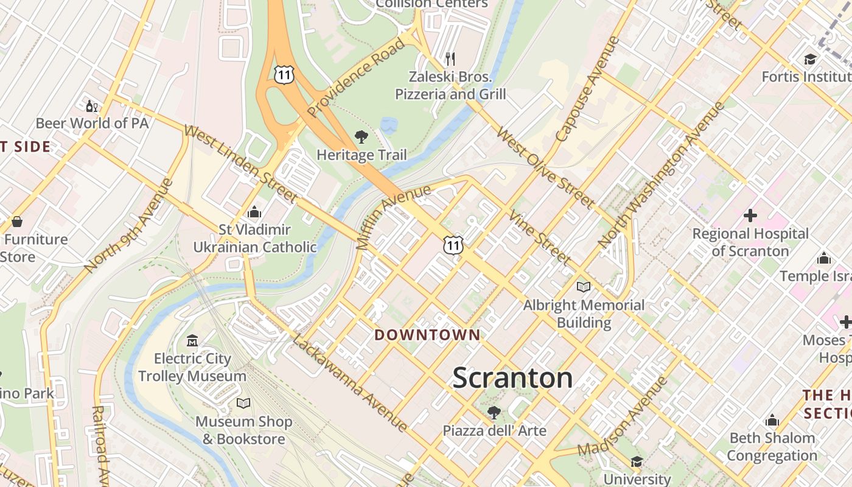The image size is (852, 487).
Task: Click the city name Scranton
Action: pos(512,378)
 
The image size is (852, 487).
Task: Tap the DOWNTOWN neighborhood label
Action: pos(427,335)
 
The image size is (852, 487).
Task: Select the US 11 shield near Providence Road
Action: pos(284,74)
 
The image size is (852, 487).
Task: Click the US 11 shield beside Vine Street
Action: pos(453,245)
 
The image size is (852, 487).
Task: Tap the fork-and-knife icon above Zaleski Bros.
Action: pos(450,59)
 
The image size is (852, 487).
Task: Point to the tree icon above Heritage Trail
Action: pos(361,137)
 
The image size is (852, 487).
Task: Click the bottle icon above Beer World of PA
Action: pos(92,106)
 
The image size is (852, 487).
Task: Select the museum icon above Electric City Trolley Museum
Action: pos(192,340)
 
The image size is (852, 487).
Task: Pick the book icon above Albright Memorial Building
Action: pos(583,287)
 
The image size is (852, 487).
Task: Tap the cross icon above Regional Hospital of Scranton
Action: pos(750,215)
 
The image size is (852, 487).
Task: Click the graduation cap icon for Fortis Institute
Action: pos(809,59)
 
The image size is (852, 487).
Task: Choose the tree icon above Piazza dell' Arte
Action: pos(494,413)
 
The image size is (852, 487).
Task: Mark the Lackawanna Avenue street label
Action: pos(349,383)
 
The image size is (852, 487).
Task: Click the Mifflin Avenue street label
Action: pos(393,217)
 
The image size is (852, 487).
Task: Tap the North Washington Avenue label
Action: pos(662,174)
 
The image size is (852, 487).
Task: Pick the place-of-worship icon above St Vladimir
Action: pos(254,212)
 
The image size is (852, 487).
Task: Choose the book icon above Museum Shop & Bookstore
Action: pos(243,403)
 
